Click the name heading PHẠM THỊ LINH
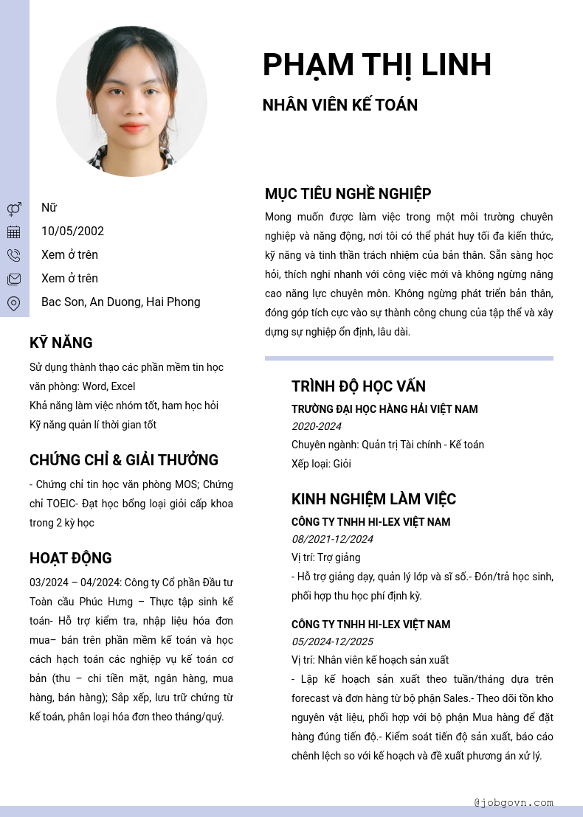(x=376, y=65)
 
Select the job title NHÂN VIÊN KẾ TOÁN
(x=339, y=105)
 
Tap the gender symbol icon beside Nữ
(x=14, y=209)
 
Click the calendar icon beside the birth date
(x=14, y=232)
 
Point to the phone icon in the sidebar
(x=14, y=256)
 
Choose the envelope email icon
(x=14, y=279)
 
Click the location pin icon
(x=14, y=303)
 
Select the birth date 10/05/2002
(x=72, y=232)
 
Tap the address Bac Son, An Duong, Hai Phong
(x=120, y=302)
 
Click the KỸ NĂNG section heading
(x=61, y=343)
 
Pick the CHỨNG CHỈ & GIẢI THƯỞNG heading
(x=124, y=460)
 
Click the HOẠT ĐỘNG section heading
(x=70, y=558)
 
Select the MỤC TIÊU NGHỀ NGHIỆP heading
(x=348, y=194)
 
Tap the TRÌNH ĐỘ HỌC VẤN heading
(x=358, y=386)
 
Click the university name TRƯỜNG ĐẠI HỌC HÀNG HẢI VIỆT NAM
(x=384, y=409)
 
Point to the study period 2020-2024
(x=316, y=426)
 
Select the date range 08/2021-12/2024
(x=332, y=539)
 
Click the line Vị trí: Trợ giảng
(x=325, y=557)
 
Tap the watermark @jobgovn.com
(x=514, y=802)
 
